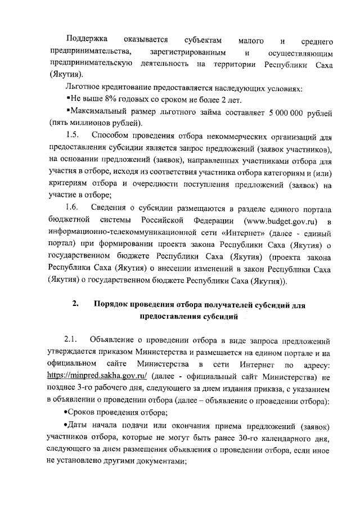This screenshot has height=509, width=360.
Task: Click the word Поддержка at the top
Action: tap(88, 41)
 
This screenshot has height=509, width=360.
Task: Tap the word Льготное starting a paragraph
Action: tap(83, 88)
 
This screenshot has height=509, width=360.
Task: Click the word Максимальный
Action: tap(97, 112)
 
